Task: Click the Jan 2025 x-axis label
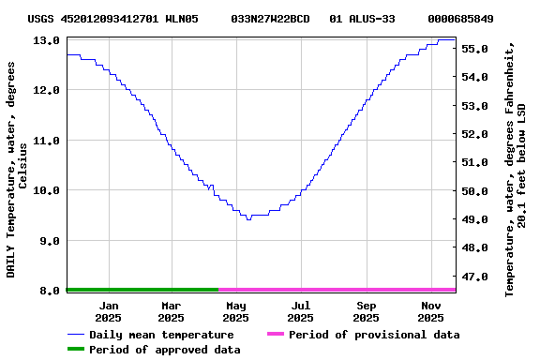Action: (109, 311)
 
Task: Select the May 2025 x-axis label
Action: (235, 311)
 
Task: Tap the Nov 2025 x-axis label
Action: (430, 311)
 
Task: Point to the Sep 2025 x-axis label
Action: (367, 311)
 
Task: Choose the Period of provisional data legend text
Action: (374, 335)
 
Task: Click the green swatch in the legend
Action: (76, 350)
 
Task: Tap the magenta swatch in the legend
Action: (275, 335)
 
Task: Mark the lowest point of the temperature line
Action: (248, 218)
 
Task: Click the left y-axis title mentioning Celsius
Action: (17, 169)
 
